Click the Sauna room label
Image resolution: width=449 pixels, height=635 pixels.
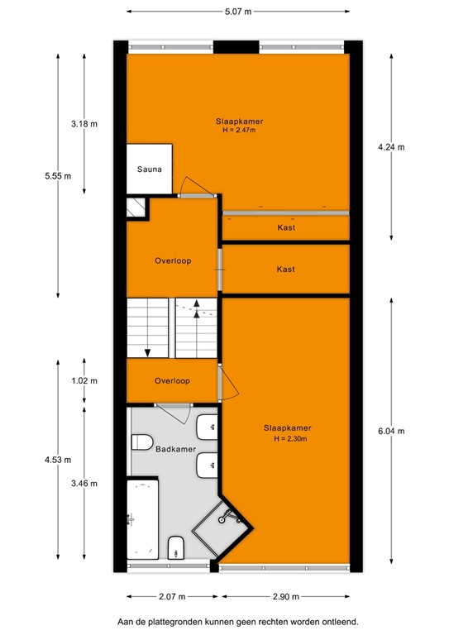click(x=149, y=169)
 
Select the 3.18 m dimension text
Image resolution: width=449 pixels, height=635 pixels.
click(x=84, y=124)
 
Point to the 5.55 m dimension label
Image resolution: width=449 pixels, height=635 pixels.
click(x=58, y=176)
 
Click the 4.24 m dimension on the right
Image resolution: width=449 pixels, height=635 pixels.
click(x=390, y=147)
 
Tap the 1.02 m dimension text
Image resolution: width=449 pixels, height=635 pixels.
click(x=84, y=381)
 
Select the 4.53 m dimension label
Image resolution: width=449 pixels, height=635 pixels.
click(x=58, y=460)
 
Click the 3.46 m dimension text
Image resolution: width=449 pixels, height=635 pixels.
click(x=84, y=483)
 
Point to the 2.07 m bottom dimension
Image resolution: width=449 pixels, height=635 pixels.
click(x=174, y=596)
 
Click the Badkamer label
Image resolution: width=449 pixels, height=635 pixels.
click(x=175, y=448)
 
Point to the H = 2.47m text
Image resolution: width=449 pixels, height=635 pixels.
click(x=237, y=131)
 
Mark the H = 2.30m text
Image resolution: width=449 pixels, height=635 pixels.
click(x=287, y=438)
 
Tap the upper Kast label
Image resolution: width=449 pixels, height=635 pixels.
click(x=286, y=227)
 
